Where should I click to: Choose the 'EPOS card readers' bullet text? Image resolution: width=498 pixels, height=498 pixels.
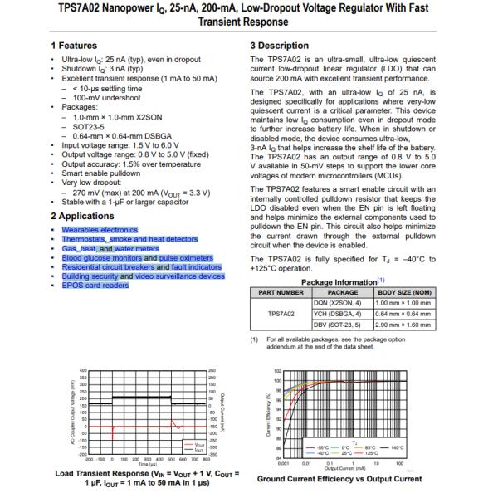[95, 286]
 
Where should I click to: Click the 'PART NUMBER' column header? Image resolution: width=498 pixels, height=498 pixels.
[281, 291]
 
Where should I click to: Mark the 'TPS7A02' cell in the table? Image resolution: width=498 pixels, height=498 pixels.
[281, 315]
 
